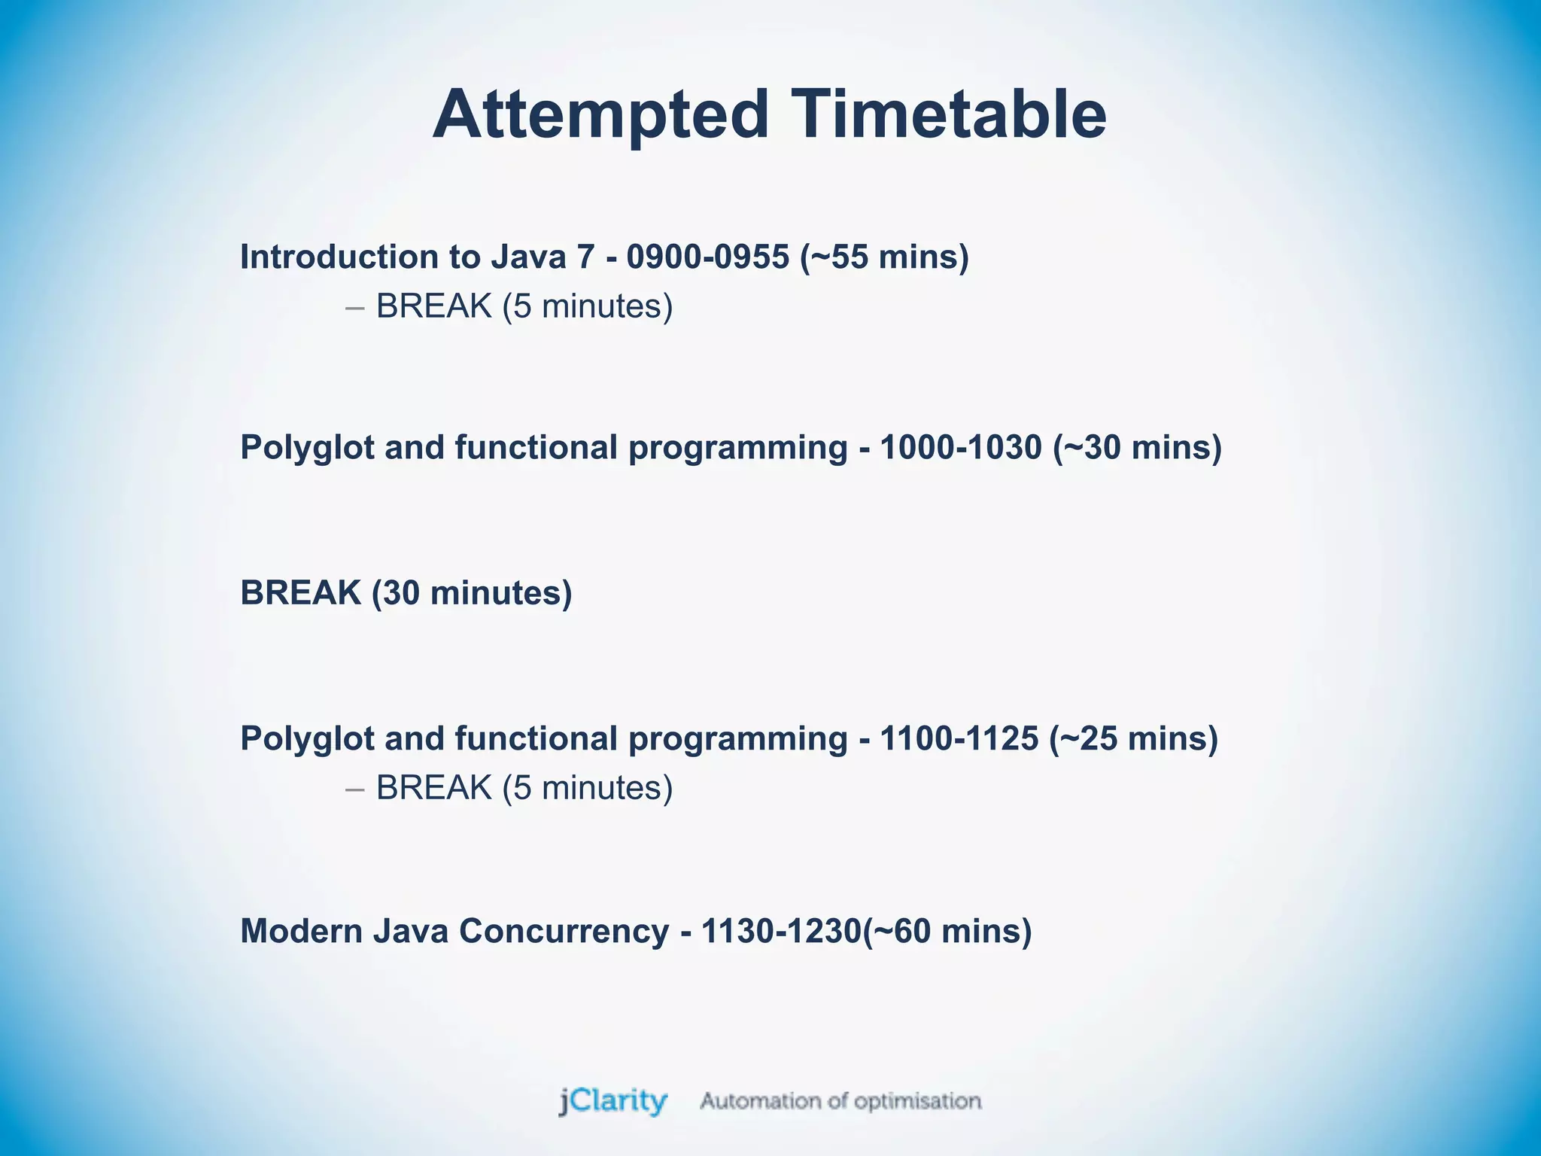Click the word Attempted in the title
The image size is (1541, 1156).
click(x=600, y=115)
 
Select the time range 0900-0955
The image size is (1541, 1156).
click(x=707, y=257)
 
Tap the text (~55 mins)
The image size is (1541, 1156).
click(x=884, y=257)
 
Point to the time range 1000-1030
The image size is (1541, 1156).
click(x=960, y=448)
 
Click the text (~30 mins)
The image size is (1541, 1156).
click(x=1137, y=448)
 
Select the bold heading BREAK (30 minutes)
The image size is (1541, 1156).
click(x=406, y=593)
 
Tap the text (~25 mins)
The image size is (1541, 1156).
click(x=1133, y=739)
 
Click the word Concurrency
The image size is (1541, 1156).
click(x=564, y=932)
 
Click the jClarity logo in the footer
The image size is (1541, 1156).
click(x=612, y=1101)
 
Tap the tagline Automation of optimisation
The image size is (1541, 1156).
click(x=840, y=1101)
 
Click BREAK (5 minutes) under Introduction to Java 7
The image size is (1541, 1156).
click(x=524, y=307)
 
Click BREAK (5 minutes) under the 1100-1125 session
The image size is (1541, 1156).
click(x=524, y=789)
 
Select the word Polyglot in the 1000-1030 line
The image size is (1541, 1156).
click(x=307, y=448)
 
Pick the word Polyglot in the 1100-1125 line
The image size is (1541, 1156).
click(x=307, y=739)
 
